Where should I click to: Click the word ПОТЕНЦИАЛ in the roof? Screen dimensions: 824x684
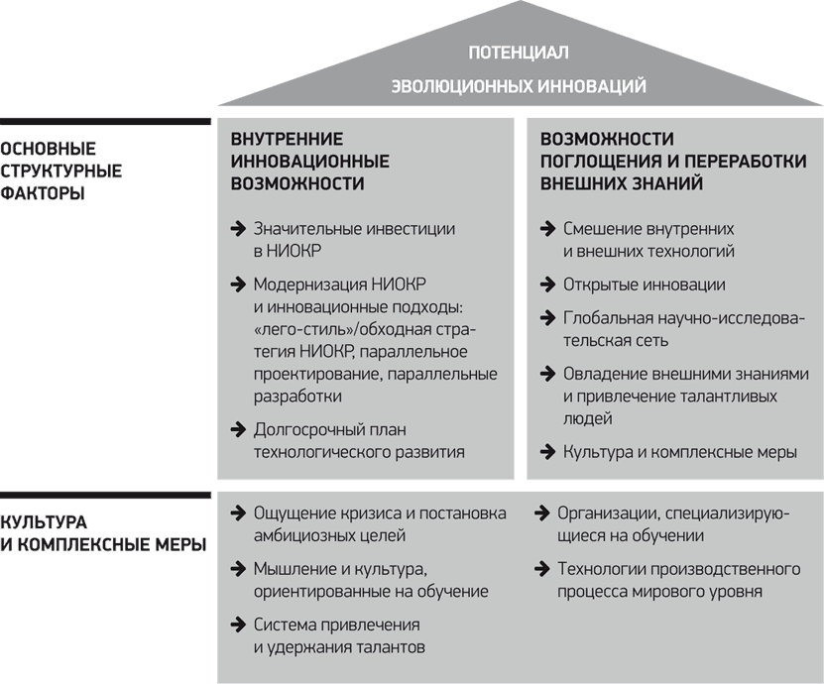point(519,53)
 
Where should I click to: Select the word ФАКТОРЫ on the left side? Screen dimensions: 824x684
point(42,193)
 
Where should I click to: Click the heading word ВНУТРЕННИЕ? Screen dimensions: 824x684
point(287,139)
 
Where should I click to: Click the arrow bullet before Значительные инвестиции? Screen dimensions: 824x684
point(238,229)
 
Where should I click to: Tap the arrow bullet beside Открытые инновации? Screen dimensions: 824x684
point(547,285)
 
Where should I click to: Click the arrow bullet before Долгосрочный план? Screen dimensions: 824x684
point(238,429)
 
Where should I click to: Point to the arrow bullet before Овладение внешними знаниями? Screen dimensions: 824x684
point(547,374)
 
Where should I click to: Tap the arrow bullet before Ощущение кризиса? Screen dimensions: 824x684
point(238,513)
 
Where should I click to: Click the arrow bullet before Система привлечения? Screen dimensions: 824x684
point(238,625)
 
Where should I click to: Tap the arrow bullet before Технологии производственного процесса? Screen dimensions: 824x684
point(541,568)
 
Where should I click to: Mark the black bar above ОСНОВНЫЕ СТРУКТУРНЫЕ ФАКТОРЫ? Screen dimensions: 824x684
point(105,121)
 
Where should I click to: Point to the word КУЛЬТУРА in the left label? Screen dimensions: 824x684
point(44,522)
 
